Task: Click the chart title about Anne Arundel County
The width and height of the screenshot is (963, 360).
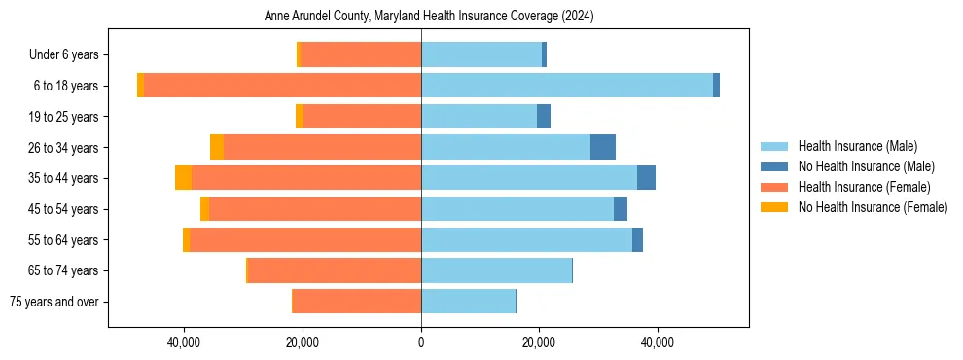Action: [429, 17]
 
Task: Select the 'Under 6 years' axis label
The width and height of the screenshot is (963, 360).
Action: [69, 55]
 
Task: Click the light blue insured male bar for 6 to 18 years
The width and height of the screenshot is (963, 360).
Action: [567, 86]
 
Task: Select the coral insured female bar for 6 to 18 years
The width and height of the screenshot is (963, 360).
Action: [282, 86]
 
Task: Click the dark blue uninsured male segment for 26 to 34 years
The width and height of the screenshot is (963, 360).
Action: [603, 148]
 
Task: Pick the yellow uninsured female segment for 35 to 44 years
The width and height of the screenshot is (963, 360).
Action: [183, 178]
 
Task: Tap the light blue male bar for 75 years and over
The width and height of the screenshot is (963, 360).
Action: [468, 302]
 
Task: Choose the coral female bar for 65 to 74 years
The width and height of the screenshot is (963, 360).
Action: [334, 270]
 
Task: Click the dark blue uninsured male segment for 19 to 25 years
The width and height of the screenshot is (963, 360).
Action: [544, 117]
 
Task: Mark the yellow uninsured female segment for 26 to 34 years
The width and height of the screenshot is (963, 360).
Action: [217, 148]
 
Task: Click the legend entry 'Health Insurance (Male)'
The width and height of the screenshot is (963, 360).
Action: [857, 146]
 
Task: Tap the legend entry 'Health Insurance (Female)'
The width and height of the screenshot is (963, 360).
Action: [864, 187]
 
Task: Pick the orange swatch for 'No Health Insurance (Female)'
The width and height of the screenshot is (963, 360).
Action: [774, 207]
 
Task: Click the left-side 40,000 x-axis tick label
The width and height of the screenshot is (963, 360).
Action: [184, 342]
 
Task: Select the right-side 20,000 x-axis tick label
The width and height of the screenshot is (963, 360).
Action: [539, 342]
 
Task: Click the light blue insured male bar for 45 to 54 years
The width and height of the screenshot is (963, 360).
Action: [517, 209]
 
